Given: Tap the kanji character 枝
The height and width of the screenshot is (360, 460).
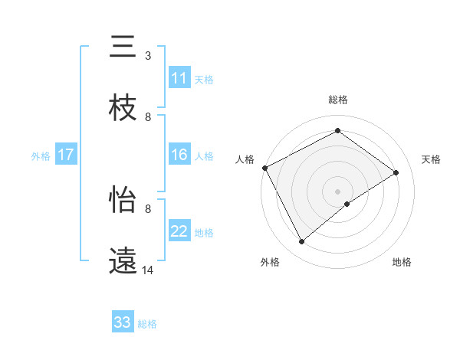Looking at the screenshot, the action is (x=123, y=108).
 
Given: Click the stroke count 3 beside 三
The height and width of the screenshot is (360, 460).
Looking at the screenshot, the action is (x=147, y=56).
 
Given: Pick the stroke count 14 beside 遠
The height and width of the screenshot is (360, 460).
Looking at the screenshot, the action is (x=148, y=270).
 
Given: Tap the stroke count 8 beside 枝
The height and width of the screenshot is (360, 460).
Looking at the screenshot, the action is (x=147, y=116).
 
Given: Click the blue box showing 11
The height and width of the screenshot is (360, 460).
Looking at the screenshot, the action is (x=179, y=79).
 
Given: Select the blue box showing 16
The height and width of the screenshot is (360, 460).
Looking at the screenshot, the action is (x=179, y=155).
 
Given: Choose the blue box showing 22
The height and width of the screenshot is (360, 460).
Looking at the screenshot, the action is (x=179, y=231).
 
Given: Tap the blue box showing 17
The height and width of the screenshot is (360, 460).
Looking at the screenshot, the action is (x=66, y=155).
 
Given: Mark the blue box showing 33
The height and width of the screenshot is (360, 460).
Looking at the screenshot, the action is (x=123, y=322).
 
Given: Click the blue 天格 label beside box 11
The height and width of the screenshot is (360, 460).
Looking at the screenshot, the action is (x=204, y=80).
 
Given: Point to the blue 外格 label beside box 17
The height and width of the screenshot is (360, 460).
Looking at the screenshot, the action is (x=41, y=155).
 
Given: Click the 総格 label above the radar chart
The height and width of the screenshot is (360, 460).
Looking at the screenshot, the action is (x=337, y=100).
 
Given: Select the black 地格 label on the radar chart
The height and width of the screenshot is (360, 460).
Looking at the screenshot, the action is (x=402, y=262).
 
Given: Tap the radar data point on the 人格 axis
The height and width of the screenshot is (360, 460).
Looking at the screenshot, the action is (x=264, y=168).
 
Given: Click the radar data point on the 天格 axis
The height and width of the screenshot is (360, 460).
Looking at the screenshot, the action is (x=396, y=172).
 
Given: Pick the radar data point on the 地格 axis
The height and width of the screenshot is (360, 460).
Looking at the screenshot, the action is (x=347, y=204).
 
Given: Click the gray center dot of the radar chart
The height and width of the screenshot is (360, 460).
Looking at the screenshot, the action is (x=337, y=191).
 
